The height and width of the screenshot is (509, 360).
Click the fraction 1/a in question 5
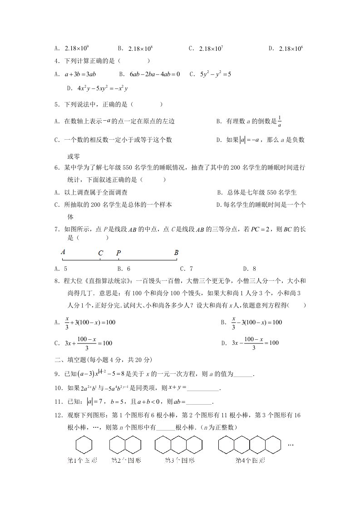280,121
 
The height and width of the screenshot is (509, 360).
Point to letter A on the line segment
63,252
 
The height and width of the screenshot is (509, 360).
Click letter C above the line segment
100,253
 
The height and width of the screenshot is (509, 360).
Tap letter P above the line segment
118,253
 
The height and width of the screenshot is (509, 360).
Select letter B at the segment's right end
176,253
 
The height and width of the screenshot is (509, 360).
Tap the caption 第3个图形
179,460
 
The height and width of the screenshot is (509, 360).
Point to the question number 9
56,374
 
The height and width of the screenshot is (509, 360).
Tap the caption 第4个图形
250,460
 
